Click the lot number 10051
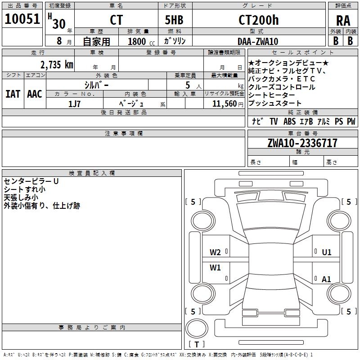(22, 19)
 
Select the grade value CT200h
(258, 20)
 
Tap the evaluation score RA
(343, 21)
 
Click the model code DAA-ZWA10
(258, 41)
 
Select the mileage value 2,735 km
(56, 64)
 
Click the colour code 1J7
(74, 104)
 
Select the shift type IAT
(13, 94)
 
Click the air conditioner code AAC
(34, 94)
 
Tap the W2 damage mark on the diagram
(215, 252)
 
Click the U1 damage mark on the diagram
(327, 252)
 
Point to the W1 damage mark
(215, 268)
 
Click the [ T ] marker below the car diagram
(197, 344)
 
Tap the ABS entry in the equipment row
(289, 121)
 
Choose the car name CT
(116, 20)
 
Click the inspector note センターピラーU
(31, 181)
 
